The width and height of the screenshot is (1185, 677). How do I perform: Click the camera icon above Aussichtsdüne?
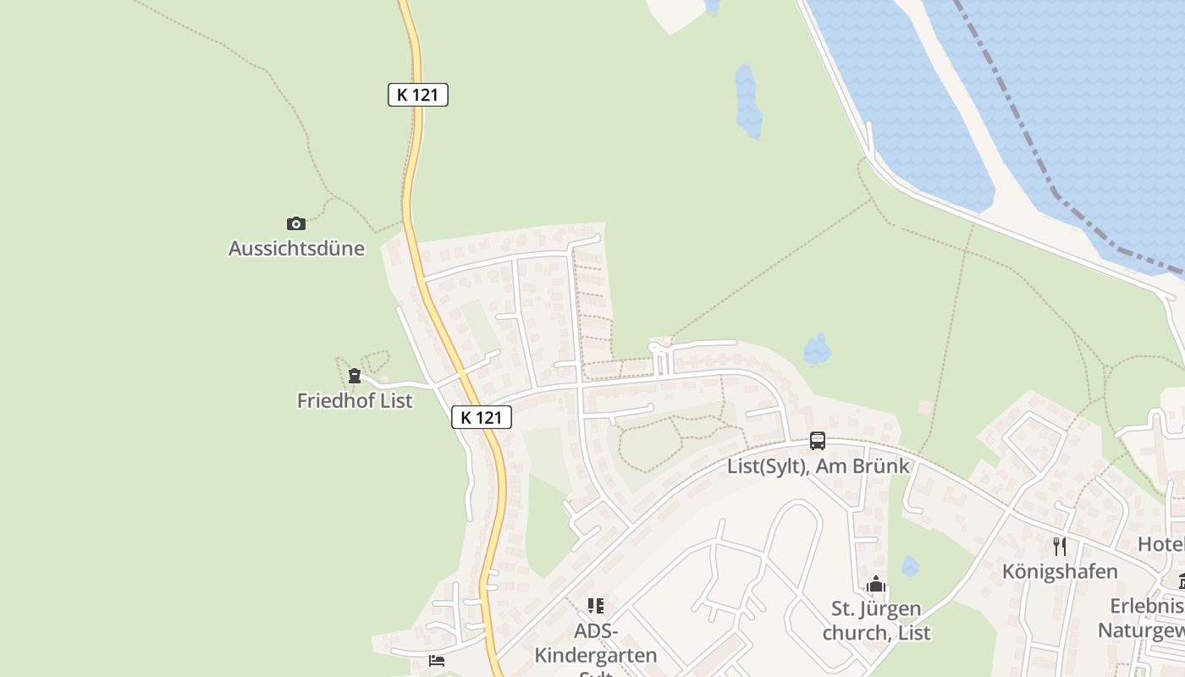[295, 223]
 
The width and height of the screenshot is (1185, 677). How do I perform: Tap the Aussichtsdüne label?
[296, 249]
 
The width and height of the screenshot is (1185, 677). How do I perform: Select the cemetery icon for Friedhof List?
[355, 376]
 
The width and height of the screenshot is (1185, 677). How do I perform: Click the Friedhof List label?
[355, 400]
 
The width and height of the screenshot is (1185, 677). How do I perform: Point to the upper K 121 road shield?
[417, 95]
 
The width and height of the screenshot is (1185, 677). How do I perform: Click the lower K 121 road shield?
[482, 417]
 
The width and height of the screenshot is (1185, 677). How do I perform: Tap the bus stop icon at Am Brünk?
[817, 441]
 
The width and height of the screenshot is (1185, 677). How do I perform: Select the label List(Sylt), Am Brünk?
[818, 465]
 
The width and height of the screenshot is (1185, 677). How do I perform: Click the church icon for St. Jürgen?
[876, 584]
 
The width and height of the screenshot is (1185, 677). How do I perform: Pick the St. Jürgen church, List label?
[876, 620]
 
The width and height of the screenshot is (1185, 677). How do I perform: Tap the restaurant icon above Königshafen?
[1059, 547]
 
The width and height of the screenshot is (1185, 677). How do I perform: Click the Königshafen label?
[1060, 571]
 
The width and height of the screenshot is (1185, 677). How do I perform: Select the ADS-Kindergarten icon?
[596, 606]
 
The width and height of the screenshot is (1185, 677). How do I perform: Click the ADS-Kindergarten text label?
[596, 643]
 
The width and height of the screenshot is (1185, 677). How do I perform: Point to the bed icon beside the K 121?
[437, 661]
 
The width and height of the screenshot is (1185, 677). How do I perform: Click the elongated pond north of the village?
[747, 102]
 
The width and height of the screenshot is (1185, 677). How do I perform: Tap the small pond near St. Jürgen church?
[910, 566]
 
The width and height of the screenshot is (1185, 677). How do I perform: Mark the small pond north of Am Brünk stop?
[817, 349]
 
